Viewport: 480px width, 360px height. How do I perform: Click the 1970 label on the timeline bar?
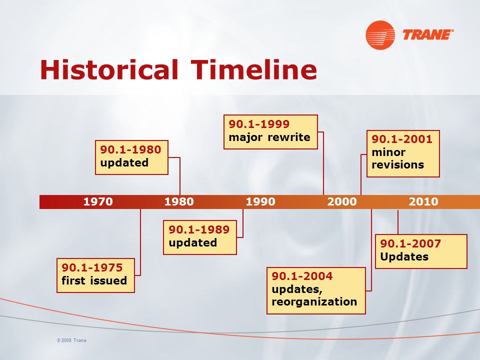click(98, 201)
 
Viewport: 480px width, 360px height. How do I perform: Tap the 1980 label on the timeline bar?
click(179, 201)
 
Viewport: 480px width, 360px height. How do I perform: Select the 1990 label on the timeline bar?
click(260, 201)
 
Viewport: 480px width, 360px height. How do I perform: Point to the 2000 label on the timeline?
click(342, 201)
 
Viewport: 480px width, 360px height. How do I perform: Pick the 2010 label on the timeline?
click(423, 201)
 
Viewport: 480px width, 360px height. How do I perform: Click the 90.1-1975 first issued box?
click(95, 275)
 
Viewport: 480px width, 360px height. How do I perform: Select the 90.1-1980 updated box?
click(131, 157)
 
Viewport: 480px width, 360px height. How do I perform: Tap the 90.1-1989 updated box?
click(200, 237)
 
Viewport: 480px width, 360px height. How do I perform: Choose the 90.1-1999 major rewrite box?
click(270, 132)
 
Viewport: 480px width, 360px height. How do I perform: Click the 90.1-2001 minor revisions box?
click(403, 153)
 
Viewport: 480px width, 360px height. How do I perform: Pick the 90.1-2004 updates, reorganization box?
click(316, 290)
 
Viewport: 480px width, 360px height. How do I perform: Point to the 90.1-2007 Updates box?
click(421, 251)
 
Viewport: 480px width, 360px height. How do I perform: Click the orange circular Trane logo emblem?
click(380, 35)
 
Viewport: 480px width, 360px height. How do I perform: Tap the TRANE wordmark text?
click(428, 34)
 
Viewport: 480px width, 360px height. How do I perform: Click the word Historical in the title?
click(109, 69)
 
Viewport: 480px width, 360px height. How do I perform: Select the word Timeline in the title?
click(254, 69)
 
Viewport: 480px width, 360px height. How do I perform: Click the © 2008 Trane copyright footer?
click(71, 340)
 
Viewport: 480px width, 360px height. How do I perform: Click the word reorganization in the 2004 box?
click(314, 302)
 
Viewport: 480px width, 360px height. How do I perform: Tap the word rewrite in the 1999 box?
click(289, 137)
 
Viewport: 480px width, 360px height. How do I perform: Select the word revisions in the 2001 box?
click(397, 164)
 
